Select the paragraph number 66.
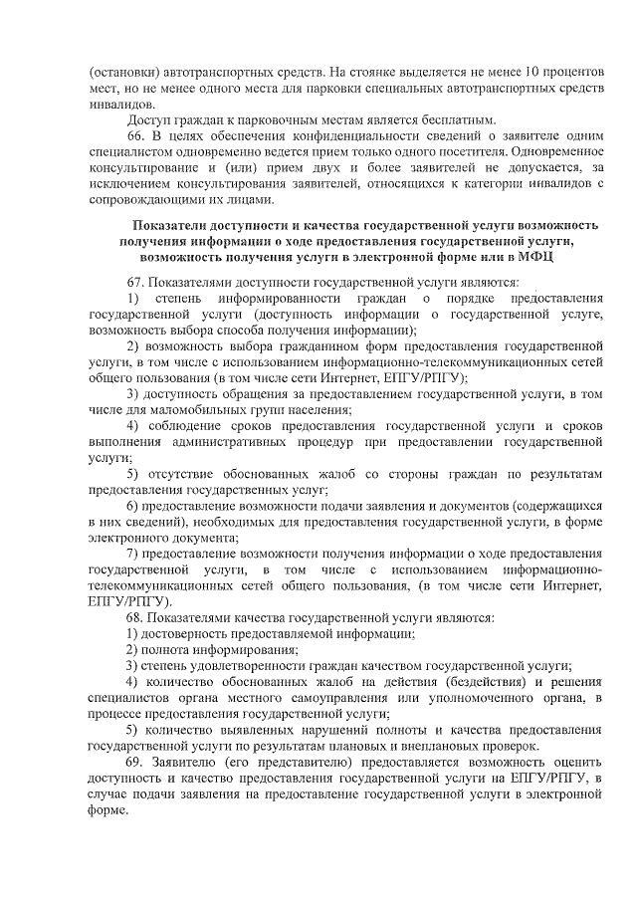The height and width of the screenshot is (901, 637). coord(136,134)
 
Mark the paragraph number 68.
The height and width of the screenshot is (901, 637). coord(137,616)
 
